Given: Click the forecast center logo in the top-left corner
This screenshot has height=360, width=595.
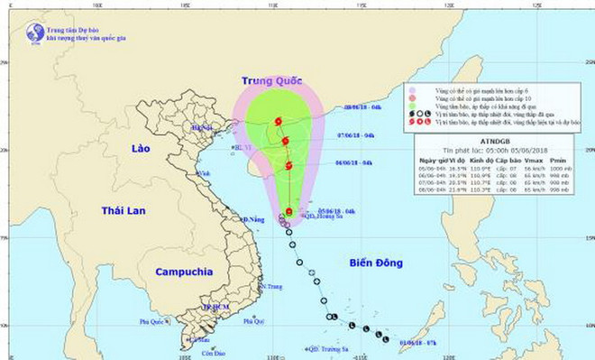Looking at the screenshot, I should pos(34,33).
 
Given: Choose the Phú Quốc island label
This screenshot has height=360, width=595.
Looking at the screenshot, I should pos(153,321).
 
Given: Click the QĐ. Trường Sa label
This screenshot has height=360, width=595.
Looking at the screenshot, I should pos(327,348).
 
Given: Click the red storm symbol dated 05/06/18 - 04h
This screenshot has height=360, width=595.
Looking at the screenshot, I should pos(288,212).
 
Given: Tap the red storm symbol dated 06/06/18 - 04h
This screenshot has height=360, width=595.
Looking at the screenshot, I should pos(288,165).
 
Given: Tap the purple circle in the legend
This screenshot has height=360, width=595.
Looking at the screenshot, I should pos(412,90).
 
